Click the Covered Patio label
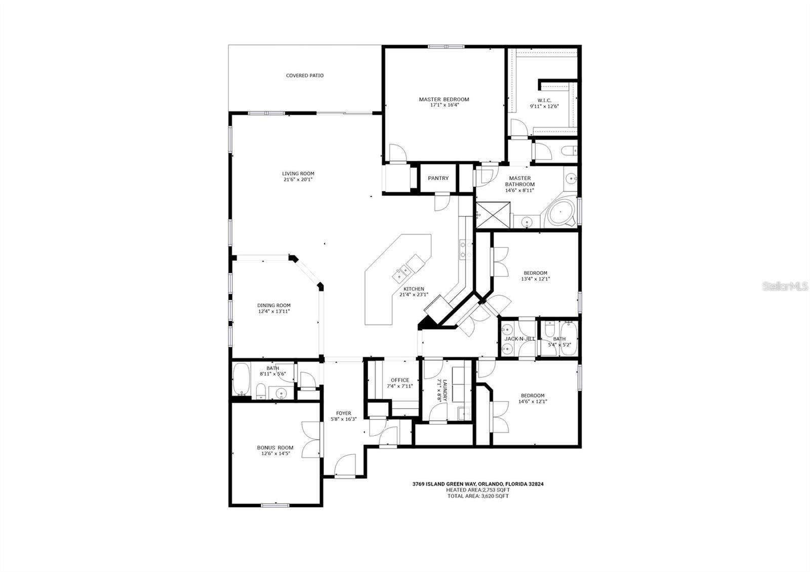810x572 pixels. [305, 76]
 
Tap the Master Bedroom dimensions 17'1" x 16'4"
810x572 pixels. [443, 106]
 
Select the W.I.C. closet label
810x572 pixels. [544, 100]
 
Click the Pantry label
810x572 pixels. [438, 178]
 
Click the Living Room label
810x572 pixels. [298, 174]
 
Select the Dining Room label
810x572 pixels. [274, 305]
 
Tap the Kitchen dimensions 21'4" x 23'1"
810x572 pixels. [414, 295]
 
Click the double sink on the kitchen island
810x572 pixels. [403, 273]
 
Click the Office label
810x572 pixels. [399, 380]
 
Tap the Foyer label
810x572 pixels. [343, 413]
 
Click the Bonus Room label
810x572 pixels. [275, 447]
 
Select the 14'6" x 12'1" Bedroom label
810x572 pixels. [533, 395]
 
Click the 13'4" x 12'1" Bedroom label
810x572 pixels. [535, 273]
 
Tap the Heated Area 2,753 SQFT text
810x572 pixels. [477, 490]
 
